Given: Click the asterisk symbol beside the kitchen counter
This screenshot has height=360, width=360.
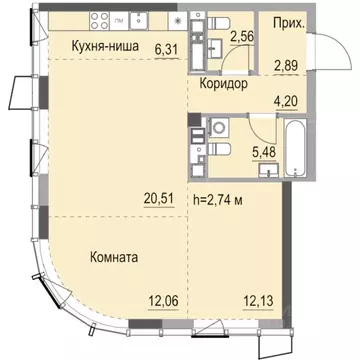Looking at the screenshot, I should tap(177, 20).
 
